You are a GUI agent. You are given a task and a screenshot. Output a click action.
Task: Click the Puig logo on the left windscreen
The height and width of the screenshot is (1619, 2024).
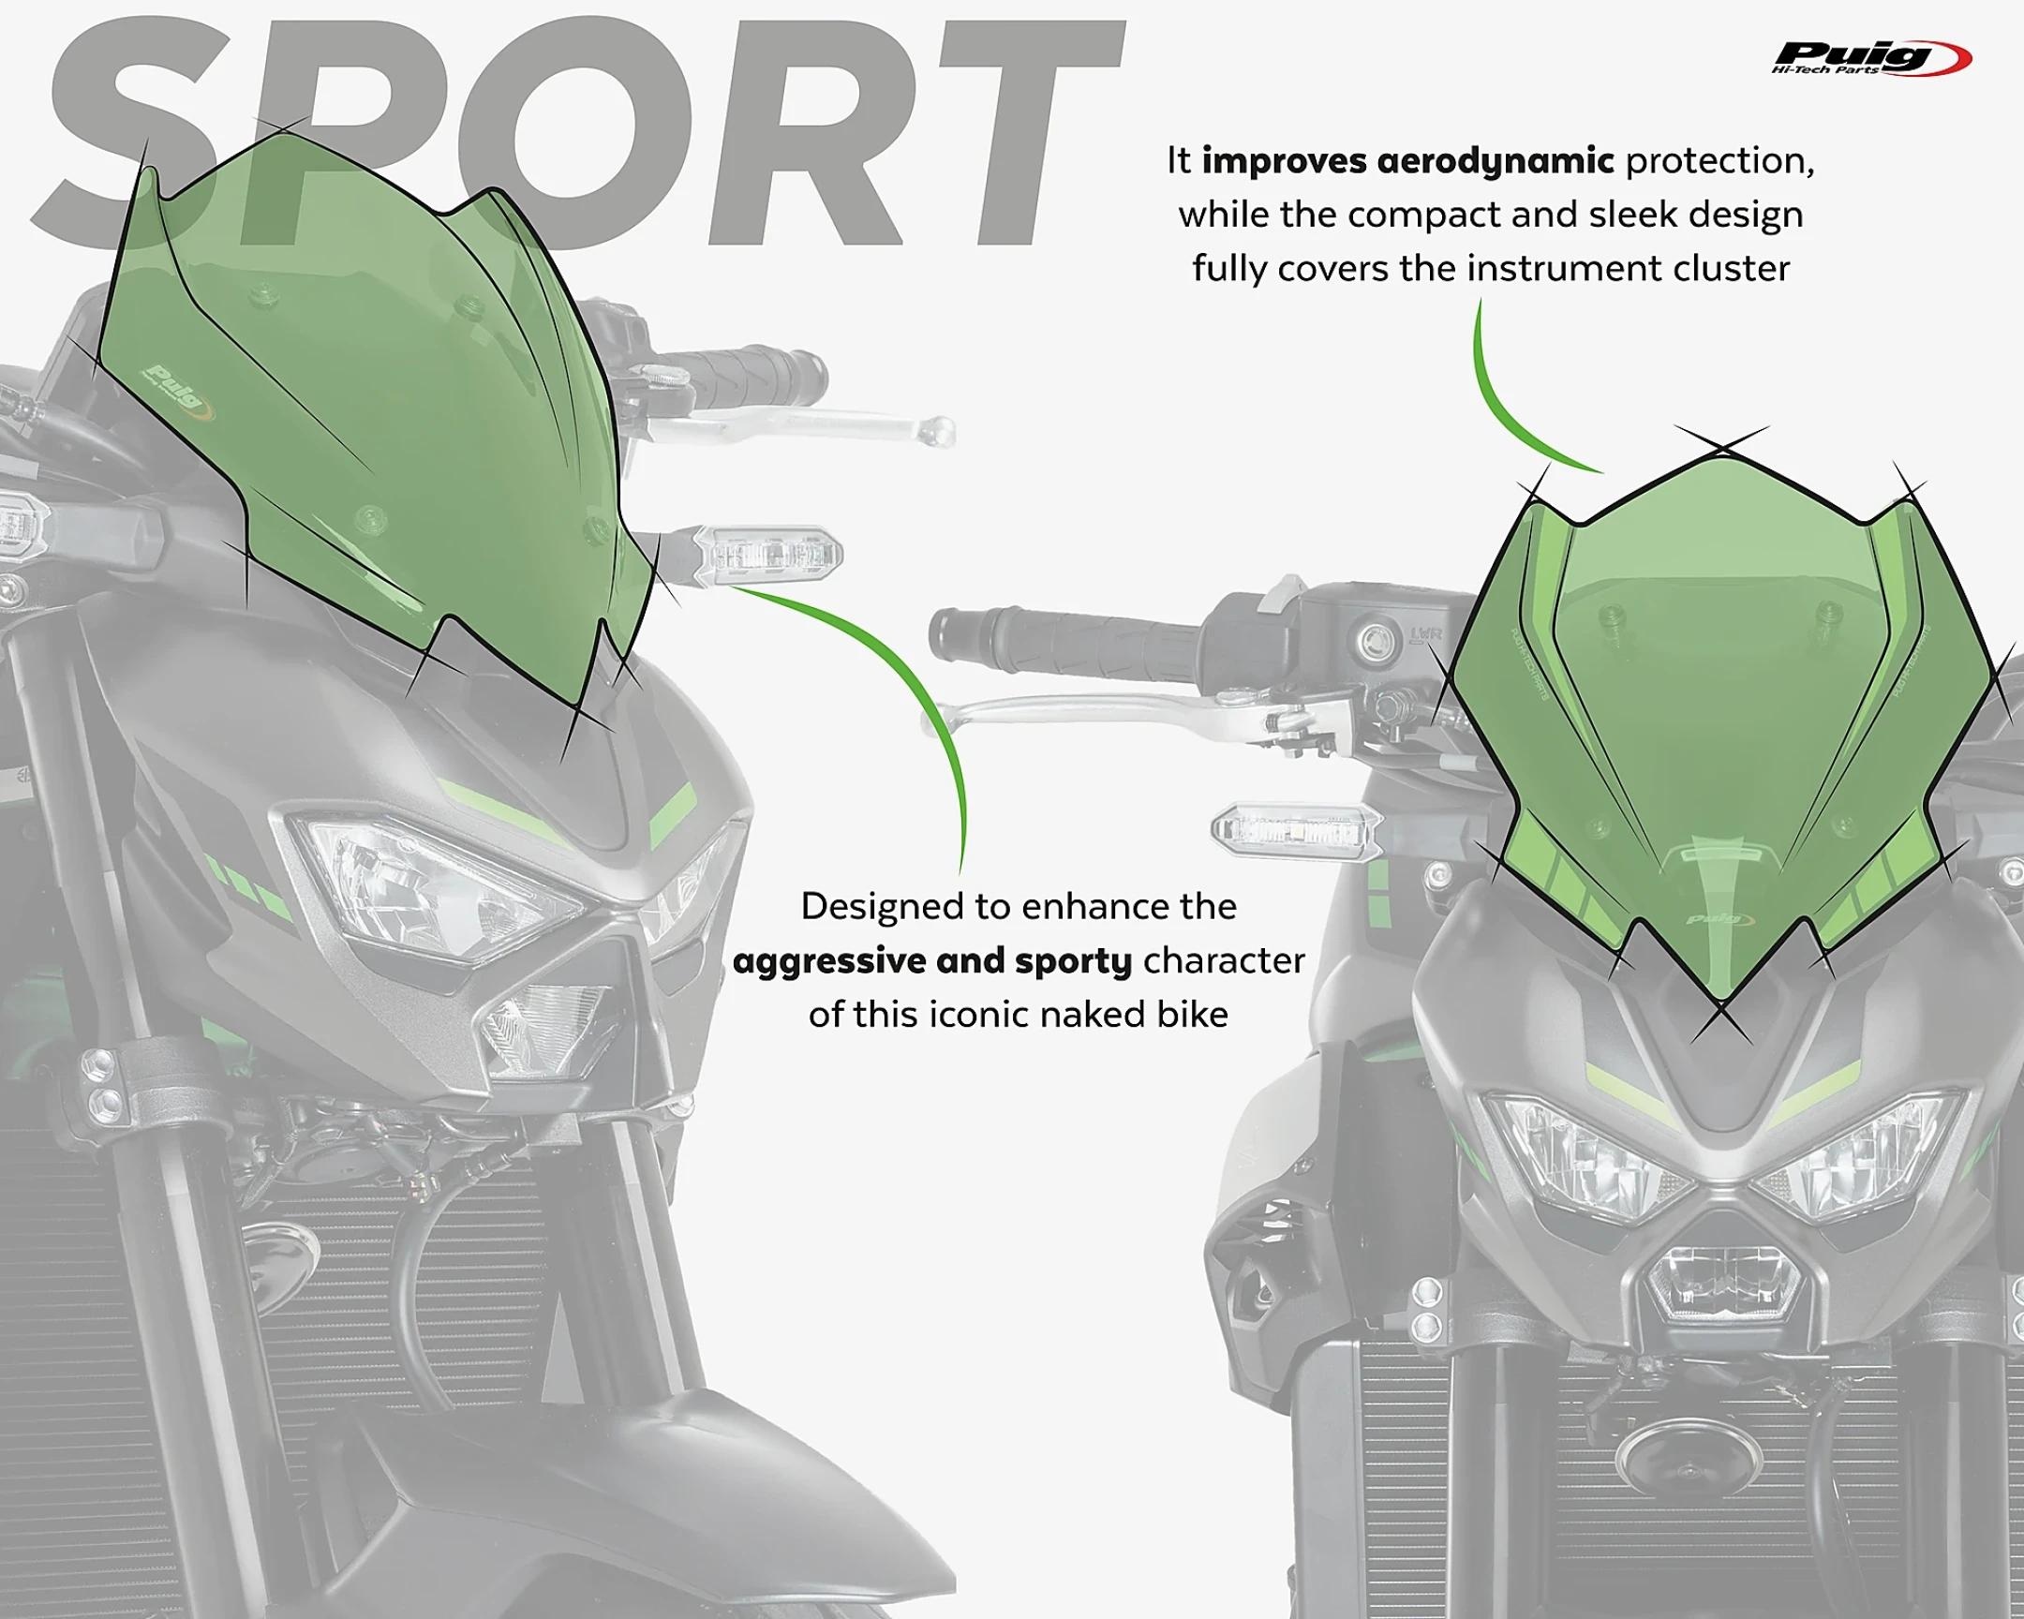177,389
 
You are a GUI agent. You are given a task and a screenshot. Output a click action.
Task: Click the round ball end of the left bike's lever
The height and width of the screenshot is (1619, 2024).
936,431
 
